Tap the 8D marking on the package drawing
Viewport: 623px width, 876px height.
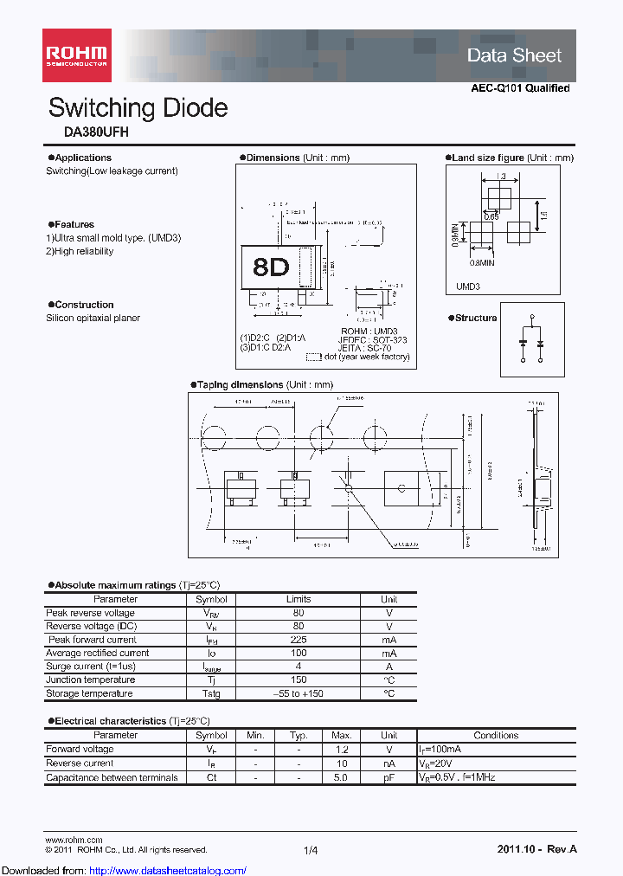click(271, 267)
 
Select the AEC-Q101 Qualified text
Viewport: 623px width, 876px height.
click(520, 88)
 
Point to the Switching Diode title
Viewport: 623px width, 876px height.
click(138, 108)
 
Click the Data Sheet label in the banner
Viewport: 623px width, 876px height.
click(514, 55)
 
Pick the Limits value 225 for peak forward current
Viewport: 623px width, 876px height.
click(299, 640)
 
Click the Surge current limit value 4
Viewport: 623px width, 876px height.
click(299, 667)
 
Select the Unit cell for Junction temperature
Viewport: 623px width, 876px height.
click(389, 680)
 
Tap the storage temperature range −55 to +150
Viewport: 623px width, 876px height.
click(299, 693)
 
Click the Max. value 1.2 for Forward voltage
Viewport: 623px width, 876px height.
click(341, 750)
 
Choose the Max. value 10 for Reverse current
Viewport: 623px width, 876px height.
click(341, 763)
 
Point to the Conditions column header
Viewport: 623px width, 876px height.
click(496, 736)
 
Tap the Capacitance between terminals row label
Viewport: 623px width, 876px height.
click(112, 777)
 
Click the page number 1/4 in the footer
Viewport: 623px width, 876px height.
click(311, 851)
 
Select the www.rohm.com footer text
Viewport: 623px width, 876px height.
click(74, 840)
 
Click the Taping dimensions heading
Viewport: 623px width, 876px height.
click(240, 384)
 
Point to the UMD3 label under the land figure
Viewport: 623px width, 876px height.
click(467, 287)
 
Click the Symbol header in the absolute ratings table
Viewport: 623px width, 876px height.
click(211, 599)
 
